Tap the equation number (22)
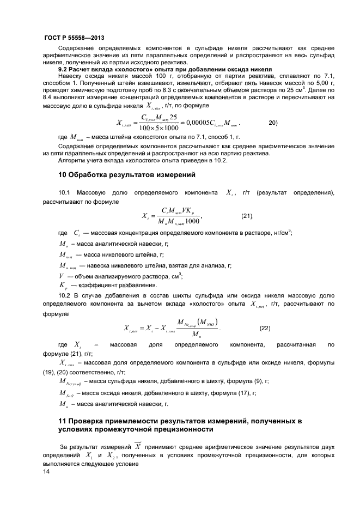264,328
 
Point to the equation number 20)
274,123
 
